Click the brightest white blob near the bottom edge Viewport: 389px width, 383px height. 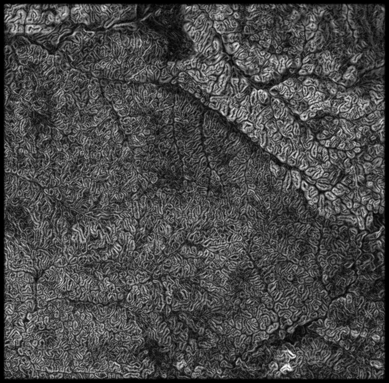[x=287, y=367]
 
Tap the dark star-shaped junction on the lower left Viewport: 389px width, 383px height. [x=36, y=275]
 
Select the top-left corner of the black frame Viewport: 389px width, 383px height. [x=2, y=2]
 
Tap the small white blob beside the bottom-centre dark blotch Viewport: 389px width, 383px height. [x=180, y=364]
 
